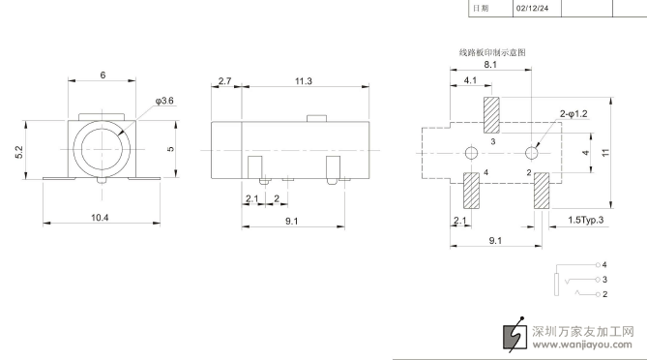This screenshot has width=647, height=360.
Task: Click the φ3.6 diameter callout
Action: click(x=164, y=101)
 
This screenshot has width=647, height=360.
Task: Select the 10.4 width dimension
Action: click(x=100, y=218)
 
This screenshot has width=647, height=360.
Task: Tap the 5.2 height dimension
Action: click(x=19, y=152)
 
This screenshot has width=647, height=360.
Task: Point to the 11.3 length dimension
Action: click(x=304, y=81)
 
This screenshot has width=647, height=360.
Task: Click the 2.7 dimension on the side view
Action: click(x=225, y=81)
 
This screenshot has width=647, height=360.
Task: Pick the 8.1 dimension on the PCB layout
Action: click(x=490, y=65)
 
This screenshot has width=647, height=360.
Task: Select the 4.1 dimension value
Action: click(x=470, y=80)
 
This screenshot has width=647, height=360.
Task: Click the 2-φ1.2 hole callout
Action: click(x=573, y=114)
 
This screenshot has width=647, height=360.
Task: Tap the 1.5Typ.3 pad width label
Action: click(x=585, y=220)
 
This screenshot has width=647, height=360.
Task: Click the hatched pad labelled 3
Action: click(x=491, y=115)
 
